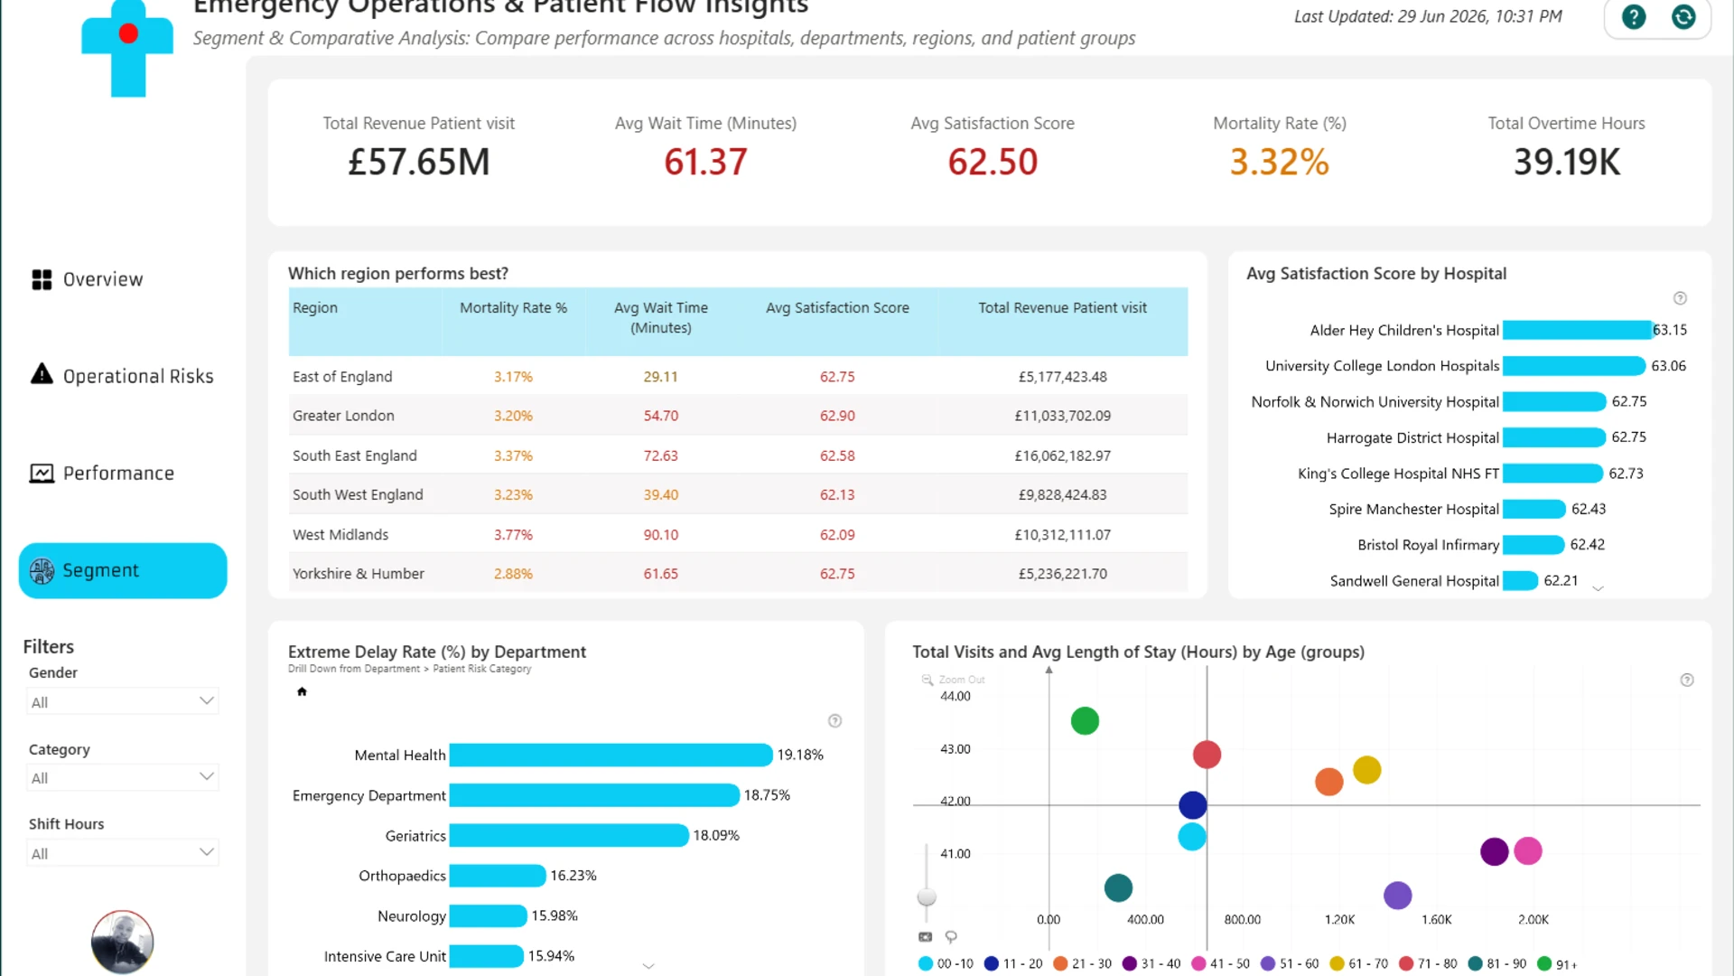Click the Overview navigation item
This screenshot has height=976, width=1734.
pos(88,279)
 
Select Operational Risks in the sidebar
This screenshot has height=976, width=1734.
pos(122,376)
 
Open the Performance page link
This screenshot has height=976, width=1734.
pos(102,473)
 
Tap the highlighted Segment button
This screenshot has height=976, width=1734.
pos(123,570)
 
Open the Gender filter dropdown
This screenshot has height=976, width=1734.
pos(123,701)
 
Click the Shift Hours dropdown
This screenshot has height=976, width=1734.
pos(123,853)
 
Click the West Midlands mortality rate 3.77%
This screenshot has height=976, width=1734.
pos(513,535)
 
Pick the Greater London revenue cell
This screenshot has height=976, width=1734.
pos(1062,416)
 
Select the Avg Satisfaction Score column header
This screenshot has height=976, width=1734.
pos(837,308)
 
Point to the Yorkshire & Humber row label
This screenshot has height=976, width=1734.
pos(359,574)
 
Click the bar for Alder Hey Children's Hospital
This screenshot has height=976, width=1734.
pos(1577,330)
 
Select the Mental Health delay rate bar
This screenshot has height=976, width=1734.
pos(611,755)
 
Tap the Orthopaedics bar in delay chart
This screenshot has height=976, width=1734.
pos(498,876)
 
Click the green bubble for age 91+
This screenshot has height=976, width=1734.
pos(1085,721)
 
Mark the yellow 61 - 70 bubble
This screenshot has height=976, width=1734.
pos(1367,770)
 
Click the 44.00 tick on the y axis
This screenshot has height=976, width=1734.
pos(956,696)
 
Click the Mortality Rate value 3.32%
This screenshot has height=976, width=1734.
pos(1279,163)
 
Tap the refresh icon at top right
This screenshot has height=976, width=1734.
pos(1683,16)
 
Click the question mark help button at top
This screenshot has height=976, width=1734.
pos(1634,16)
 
